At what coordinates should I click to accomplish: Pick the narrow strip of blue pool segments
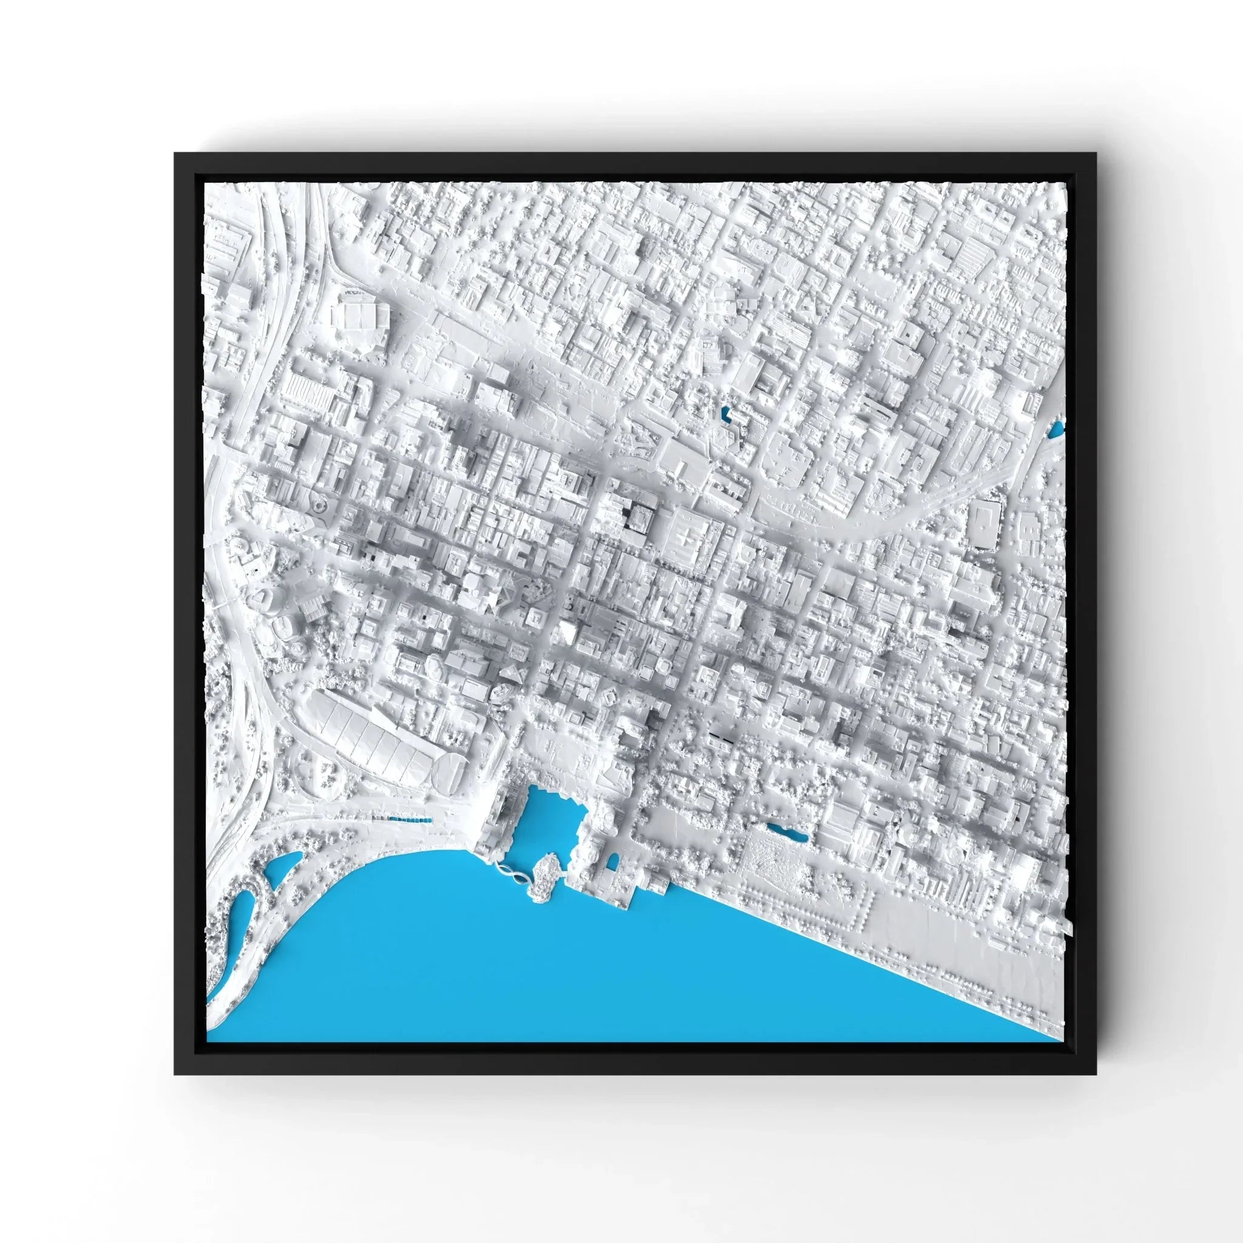click(410, 819)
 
